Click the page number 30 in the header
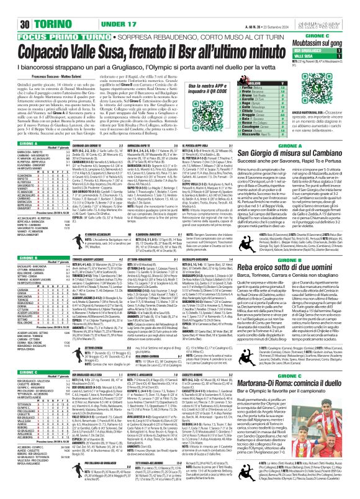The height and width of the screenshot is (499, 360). coord(11,7)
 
